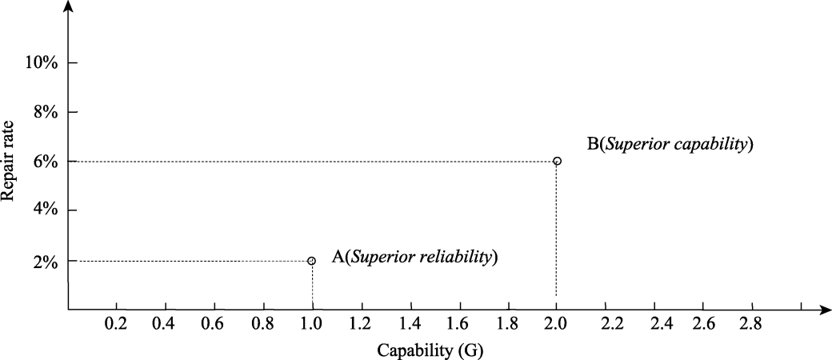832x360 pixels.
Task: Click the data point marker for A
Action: coord(312,261)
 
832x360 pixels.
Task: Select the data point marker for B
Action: coord(557,161)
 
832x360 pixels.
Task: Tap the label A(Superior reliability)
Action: coord(414,257)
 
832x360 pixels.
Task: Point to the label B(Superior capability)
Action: coord(670,145)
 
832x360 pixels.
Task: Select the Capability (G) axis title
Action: coord(430,350)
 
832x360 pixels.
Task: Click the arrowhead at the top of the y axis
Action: coord(70,7)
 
